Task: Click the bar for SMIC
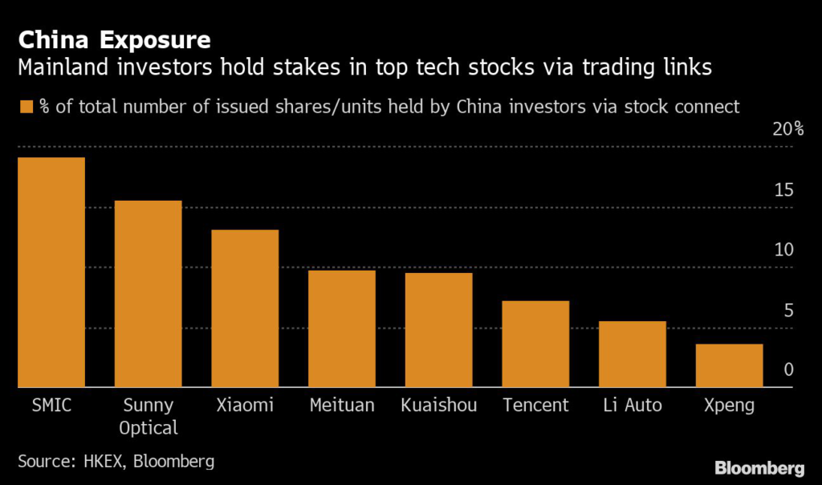(x=51, y=272)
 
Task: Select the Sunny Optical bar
(x=148, y=294)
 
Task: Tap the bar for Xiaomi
(x=245, y=308)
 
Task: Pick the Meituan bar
(x=342, y=329)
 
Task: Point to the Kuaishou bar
(x=438, y=330)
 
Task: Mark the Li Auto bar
(x=633, y=354)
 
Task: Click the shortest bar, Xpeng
(x=729, y=365)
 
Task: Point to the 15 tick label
(x=783, y=190)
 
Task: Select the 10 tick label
(x=783, y=250)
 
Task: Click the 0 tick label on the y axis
(x=788, y=369)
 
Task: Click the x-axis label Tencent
(x=535, y=406)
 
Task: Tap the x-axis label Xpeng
(x=729, y=406)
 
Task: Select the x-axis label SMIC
(x=50, y=406)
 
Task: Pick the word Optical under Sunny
(x=148, y=427)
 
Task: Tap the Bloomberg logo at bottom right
(x=759, y=467)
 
